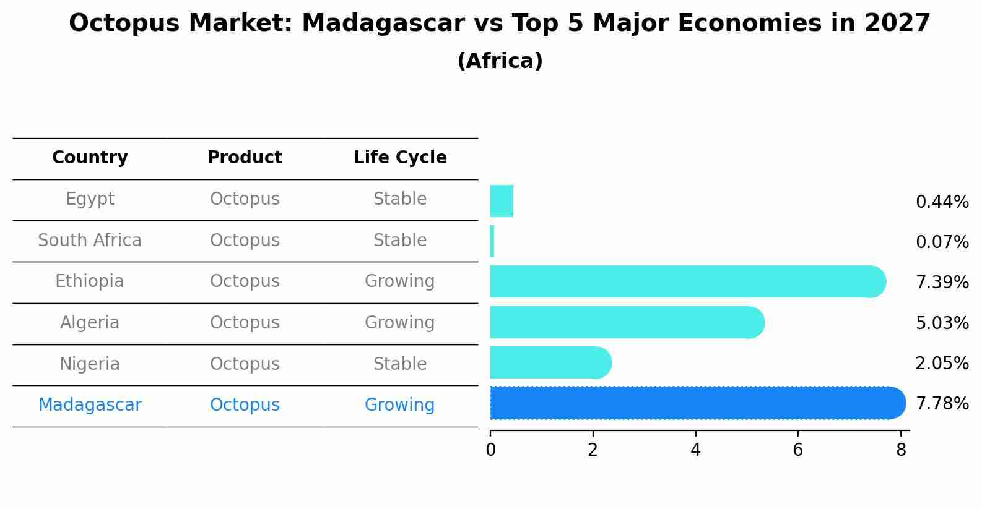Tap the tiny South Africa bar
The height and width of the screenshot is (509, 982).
pos(492,241)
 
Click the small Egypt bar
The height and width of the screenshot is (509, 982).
pos(502,201)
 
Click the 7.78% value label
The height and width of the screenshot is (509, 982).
pos(942,404)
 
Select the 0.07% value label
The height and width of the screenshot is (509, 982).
pos(942,242)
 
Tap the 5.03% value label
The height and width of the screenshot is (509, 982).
pos(942,323)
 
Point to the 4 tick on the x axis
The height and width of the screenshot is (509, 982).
pos(695,450)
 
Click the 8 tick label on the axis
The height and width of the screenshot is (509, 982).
pos(901,450)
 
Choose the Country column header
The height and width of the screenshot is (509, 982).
pos(90,158)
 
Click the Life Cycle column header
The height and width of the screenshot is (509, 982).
pos(400,158)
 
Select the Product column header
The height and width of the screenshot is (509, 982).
pos(245,158)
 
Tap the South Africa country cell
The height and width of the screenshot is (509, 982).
pos(90,241)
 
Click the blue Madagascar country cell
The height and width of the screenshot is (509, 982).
pos(90,405)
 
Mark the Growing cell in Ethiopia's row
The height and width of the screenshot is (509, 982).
pos(399,281)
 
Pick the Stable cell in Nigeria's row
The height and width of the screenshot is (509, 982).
pos(399,364)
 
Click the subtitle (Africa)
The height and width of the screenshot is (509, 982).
pos(500,61)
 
